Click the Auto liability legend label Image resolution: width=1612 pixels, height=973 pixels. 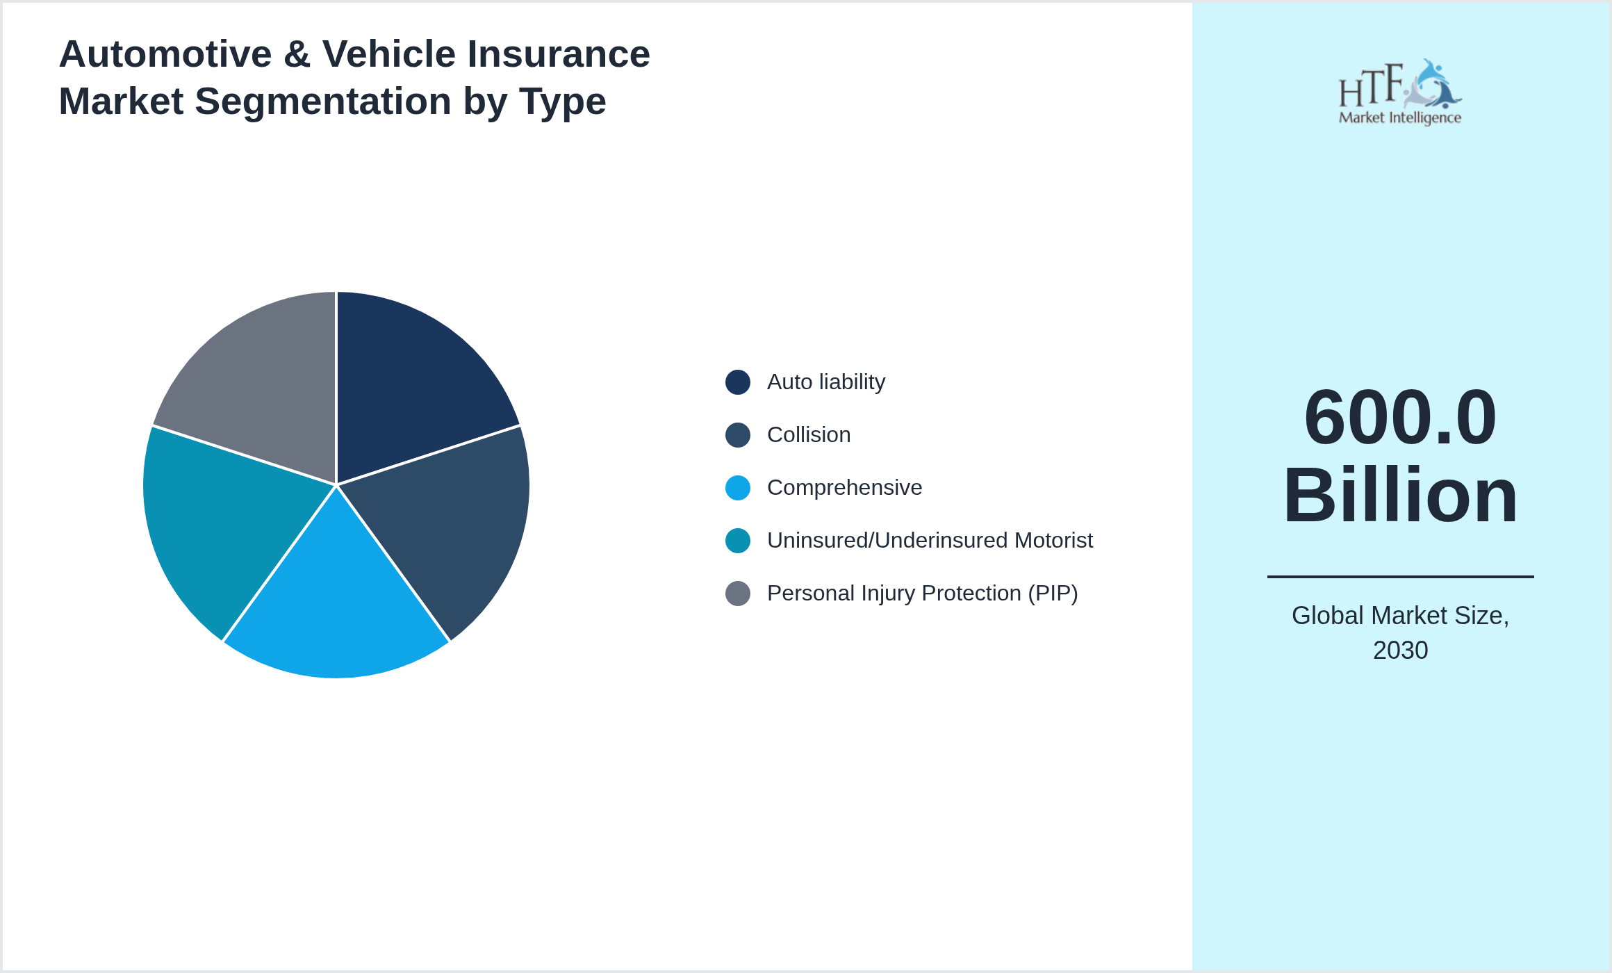(x=825, y=382)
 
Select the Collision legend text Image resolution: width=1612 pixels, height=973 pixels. (x=808, y=435)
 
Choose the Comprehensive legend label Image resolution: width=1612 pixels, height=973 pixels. (x=844, y=488)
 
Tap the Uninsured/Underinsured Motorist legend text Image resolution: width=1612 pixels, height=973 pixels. (x=929, y=541)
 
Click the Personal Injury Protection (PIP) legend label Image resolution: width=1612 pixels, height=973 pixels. (x=922, y=594)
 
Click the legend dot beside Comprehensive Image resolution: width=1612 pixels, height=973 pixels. (x=737, y=488)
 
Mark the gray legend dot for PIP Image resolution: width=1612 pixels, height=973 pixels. (x=737, y=594)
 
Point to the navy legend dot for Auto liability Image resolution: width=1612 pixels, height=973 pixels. (x=737, y=382)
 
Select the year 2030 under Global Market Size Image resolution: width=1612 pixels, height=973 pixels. (x=1400, y=651)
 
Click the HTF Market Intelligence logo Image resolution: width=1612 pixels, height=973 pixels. (x=1399, y=92)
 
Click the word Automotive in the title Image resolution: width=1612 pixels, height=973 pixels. (x=165, y=54)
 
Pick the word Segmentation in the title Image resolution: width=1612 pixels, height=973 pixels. (x=323, y=101)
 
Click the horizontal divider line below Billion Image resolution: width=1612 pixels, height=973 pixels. (x=1400, y=576)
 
